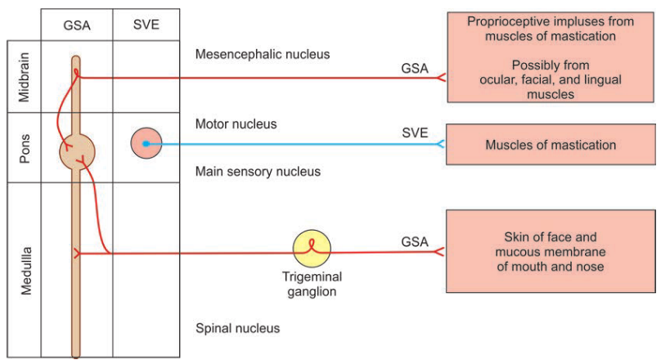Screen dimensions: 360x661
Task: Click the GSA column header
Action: coord(76,25)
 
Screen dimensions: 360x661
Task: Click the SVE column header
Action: coord(146,25)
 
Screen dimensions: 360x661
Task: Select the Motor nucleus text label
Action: coord(236,124)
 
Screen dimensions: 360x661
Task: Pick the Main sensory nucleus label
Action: coord(258,172)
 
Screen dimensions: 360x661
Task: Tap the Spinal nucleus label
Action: coord(237,328)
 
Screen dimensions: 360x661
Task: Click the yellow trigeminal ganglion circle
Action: coord(313,248)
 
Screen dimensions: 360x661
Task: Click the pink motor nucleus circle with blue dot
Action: coord(146,143)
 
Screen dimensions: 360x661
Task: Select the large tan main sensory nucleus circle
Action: coord(78,150)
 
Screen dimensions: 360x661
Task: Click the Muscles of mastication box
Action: coord(551,145)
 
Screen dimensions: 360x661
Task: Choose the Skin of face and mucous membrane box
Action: coord(551,251)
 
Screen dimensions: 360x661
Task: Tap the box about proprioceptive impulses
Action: coord(551,56)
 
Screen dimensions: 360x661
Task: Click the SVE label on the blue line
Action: coord(415,133)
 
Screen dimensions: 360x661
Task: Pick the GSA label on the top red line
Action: coord(415,69)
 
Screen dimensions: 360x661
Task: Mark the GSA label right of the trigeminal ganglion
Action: coord(415,242)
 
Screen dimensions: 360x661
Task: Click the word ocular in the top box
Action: coord(499,79)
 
